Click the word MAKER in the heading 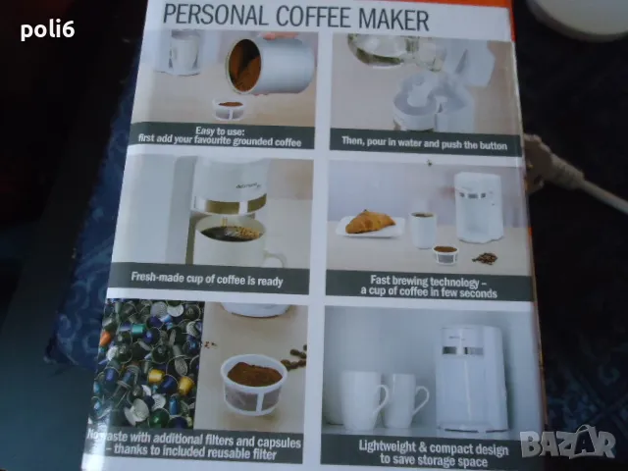point(390,19)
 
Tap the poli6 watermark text point(47,29)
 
